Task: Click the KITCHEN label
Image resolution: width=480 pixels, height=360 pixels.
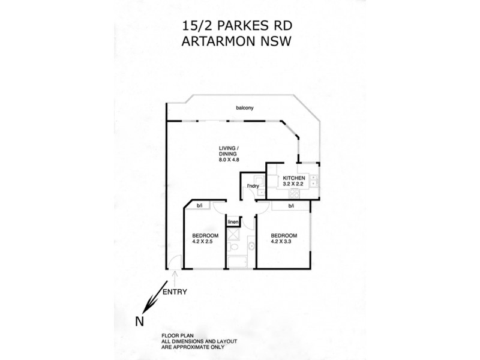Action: coord(295,178)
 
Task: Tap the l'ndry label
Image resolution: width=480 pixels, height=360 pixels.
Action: coord(253,186)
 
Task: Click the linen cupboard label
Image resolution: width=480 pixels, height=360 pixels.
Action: coord(233,223)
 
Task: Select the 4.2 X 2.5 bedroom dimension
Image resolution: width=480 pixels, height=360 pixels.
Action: coord(203,242)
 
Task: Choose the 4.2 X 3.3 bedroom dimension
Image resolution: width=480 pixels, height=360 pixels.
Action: coord(284,242)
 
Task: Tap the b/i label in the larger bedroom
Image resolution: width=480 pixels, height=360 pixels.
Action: coord(291,206)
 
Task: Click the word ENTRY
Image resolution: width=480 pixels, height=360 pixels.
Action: coord(175,292)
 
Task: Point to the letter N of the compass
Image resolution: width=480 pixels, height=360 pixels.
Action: coord(139,321)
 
